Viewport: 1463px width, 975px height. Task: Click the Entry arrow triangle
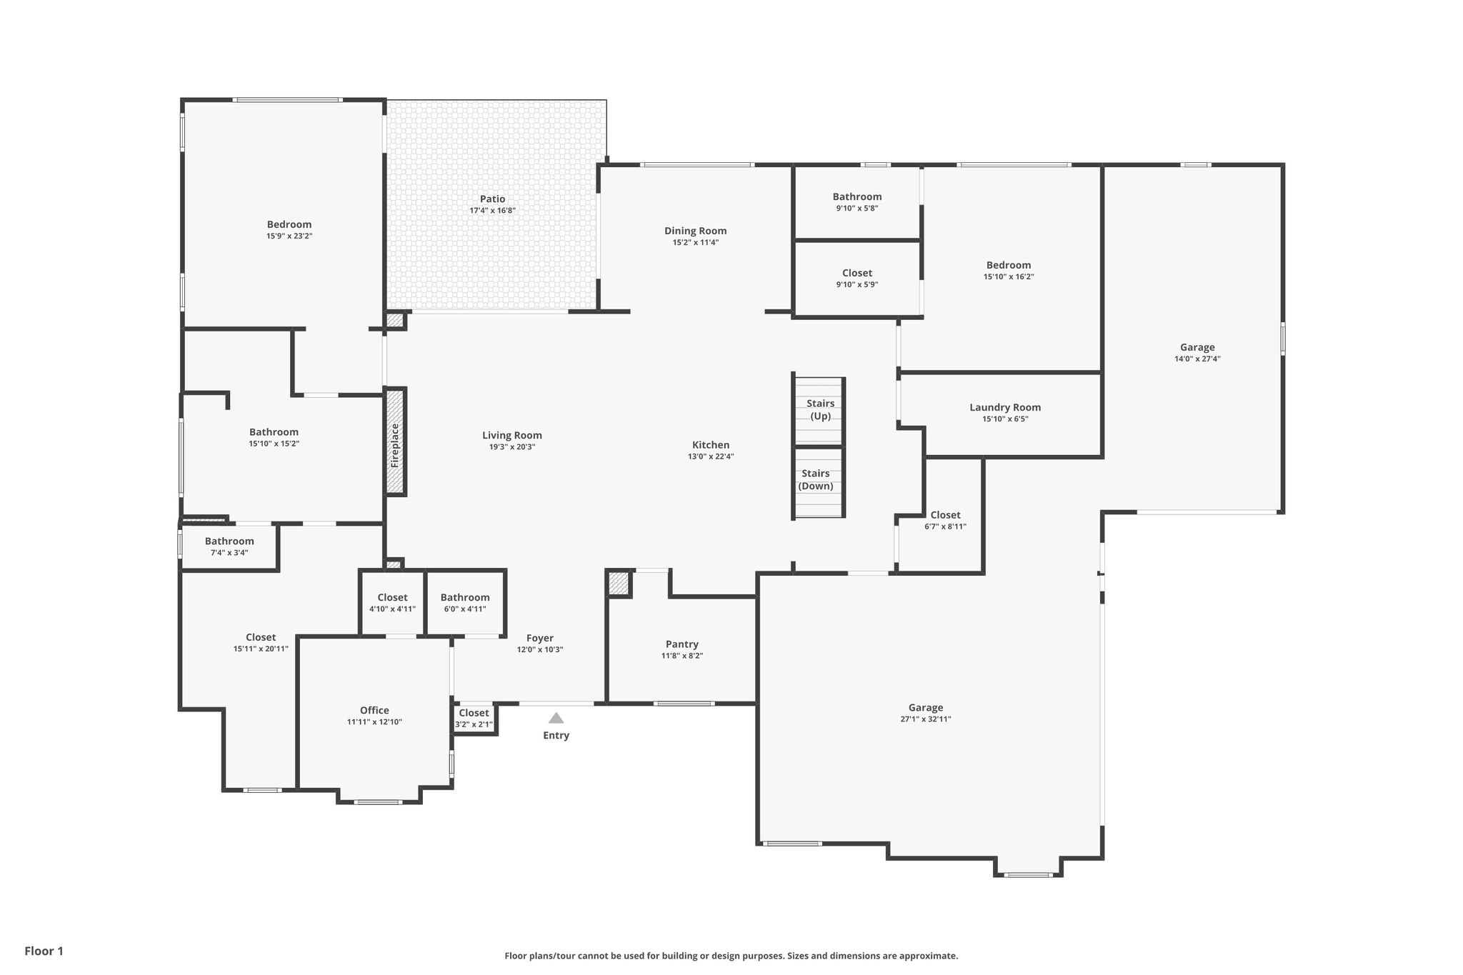556,718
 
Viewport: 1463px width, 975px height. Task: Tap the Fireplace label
395,446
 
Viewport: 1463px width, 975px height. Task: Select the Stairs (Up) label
820,410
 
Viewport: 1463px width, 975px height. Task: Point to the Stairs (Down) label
816,480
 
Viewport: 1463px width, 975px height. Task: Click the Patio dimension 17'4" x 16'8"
492,211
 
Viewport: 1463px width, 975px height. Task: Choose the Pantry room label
682,644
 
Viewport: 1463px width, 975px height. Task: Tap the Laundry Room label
1005,407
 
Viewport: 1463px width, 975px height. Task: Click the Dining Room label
695,231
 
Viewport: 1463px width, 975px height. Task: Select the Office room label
374,710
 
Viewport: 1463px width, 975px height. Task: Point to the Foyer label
540,638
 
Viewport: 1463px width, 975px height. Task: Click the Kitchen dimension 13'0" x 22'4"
711,456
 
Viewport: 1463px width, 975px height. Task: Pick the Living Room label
512,435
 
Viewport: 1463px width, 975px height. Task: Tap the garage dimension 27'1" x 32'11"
926,719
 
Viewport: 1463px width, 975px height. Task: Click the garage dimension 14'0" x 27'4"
1197,359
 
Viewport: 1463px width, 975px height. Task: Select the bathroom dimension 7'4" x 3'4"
229,552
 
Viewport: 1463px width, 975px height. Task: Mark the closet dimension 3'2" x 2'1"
474,724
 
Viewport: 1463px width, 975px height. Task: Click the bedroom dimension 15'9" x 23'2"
289,236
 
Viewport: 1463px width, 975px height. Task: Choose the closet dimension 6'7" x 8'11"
945,526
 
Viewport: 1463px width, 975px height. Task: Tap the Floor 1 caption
44,951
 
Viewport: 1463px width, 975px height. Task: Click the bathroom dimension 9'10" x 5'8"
857,209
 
